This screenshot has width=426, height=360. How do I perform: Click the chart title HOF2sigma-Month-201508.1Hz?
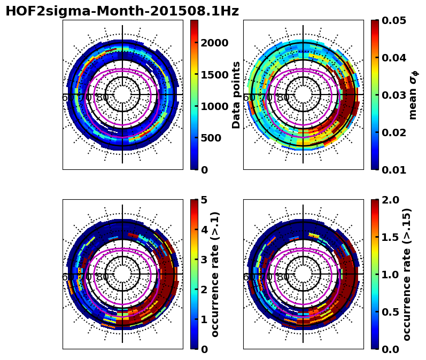click(x=122, y=11)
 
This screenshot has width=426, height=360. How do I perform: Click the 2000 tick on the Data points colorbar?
click(x=214, y=43)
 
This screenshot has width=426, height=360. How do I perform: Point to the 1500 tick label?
click(x=214, y=74)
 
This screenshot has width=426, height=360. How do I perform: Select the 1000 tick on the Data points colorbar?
click(x=214, y=106)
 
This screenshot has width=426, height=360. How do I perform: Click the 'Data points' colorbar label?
click(x=236, y=95)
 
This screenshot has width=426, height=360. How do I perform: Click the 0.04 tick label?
click(x=394, y=58)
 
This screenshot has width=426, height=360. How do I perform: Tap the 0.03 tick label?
click(x=394, y=95)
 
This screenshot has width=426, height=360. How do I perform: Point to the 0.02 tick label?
click(x=394, y=132)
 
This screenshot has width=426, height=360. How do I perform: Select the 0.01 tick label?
click(x=394, y=170)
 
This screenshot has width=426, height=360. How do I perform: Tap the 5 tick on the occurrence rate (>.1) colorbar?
click(x=204, y=200)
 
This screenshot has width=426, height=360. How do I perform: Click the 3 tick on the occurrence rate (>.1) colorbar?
click(x=204, y=260)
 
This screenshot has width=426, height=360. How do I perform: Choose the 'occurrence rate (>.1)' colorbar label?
click(x=215, y=274)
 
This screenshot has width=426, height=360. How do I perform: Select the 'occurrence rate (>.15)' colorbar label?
click(x=407, y=274)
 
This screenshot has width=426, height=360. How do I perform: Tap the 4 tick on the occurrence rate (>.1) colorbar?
click(x=204, y=230)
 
